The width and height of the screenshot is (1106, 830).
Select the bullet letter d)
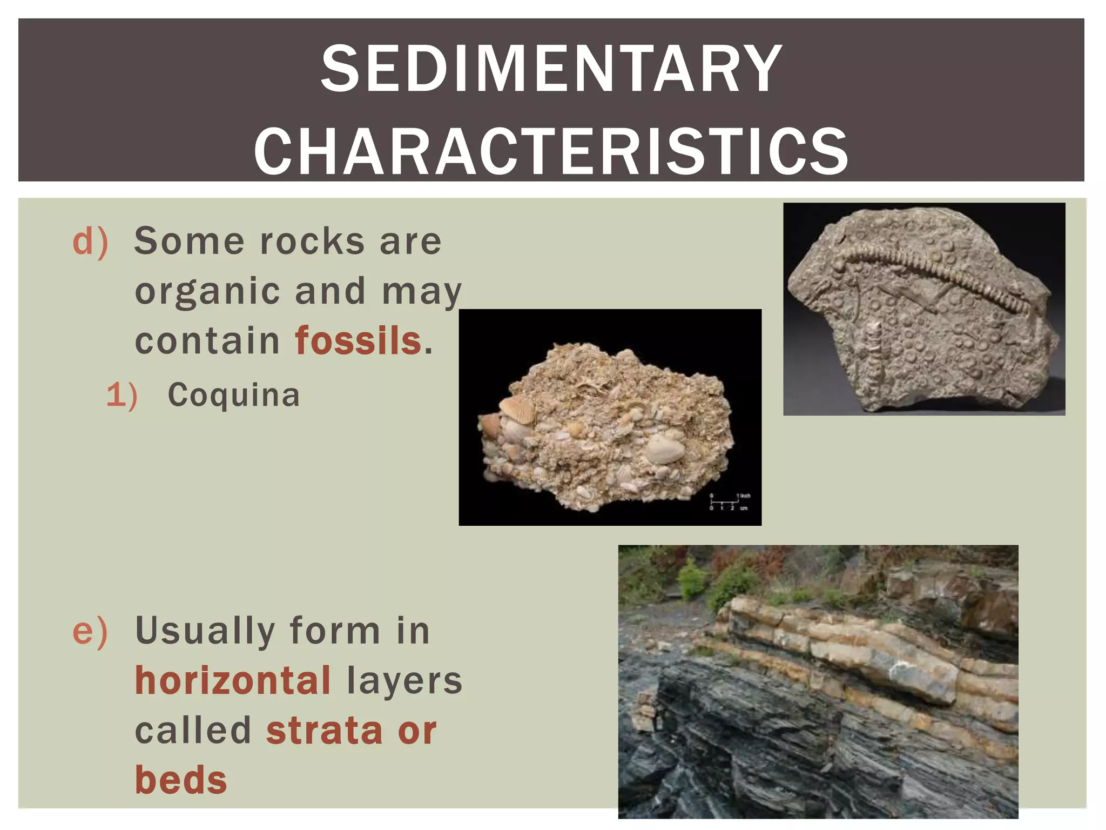[90, 242]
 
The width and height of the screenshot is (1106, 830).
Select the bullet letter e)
[90, 631]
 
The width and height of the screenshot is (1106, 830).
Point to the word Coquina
[233, 395]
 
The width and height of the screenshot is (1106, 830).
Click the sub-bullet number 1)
[122, 396]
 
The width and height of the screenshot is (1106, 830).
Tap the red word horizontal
[233, 680]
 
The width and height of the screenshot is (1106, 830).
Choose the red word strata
[325, 731]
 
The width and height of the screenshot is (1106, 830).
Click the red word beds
[181, 780]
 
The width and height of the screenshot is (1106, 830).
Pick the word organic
[208, 292]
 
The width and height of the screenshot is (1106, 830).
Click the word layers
[404, 681]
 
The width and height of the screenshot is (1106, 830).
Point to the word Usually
[205, 631]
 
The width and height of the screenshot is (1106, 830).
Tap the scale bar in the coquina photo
[729, 502]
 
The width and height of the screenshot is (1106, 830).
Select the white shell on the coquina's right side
[665, 447]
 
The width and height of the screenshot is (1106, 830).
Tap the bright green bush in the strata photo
[693, 581]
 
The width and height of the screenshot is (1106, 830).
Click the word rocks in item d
[312, 242]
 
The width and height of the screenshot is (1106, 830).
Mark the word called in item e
[193, 731]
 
